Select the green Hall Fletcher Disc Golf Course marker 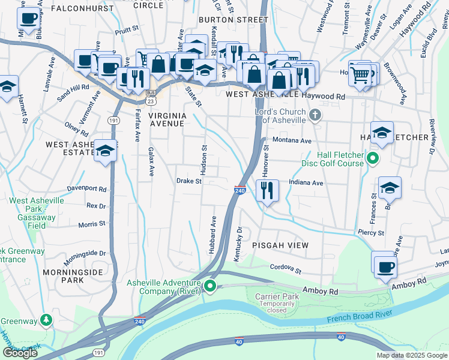(x=372, y=159)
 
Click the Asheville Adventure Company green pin (x=209, y=286)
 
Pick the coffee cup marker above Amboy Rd (x=385, y=266)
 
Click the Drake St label (x=188, y=181)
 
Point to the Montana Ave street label (x=292, y=140)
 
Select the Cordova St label (x=285, y=267)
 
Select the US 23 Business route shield (x=151, y=93)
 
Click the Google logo (x=20, y=353)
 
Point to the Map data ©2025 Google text (x=412, y=355)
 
